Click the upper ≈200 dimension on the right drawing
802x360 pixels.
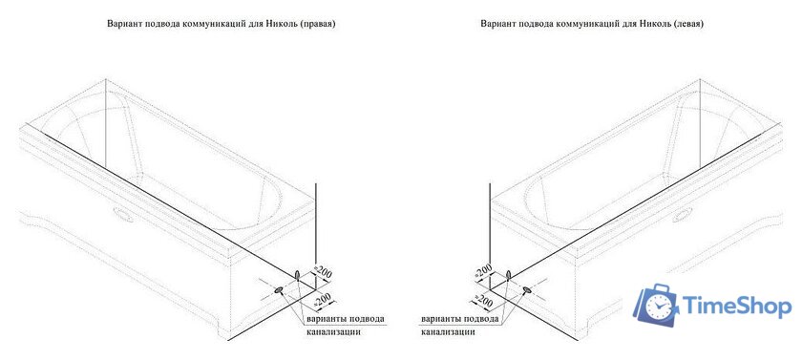point(484,273)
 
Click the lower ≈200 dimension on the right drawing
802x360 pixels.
point(484,303)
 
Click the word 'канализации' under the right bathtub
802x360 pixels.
point(448,332)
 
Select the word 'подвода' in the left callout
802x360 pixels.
point(366,318)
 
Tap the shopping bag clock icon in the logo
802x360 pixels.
point(660,305)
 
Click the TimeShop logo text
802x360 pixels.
point(737,306)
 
